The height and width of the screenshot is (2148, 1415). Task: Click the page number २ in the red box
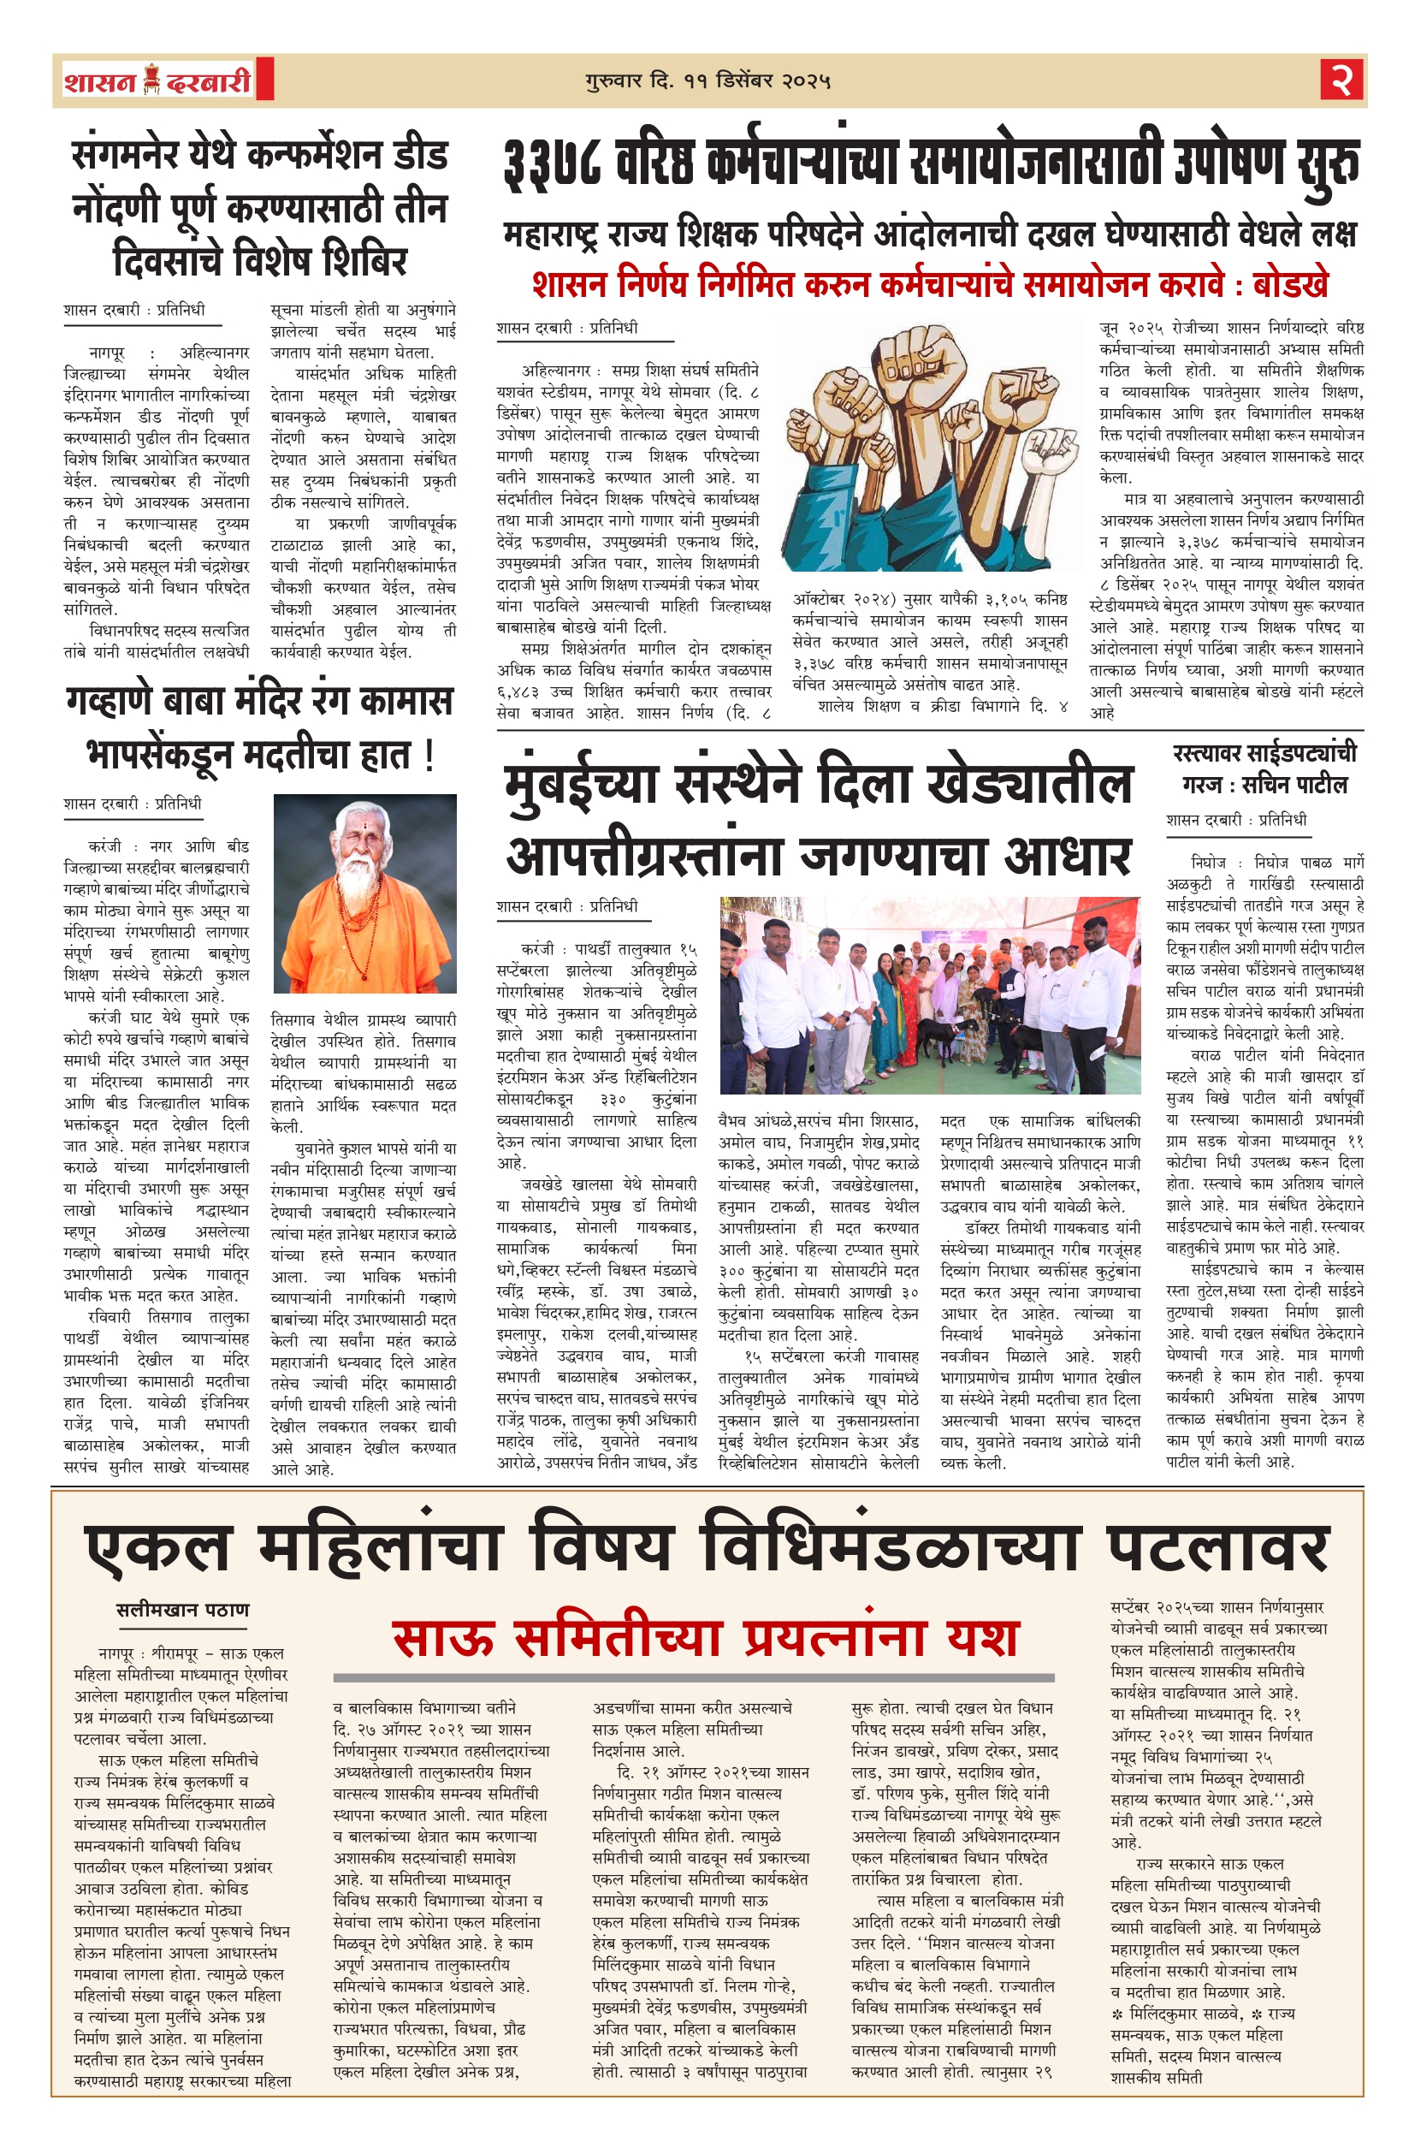[x=1342, y=80]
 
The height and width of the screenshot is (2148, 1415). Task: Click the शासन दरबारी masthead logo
[x=157, y=81]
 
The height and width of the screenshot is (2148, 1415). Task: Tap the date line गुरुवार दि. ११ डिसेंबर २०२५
[x=707, y=81]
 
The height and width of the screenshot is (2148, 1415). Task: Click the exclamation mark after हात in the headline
[x=428, y=755]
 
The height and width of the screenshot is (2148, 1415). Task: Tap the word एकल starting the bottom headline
[x=157, y=1548]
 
